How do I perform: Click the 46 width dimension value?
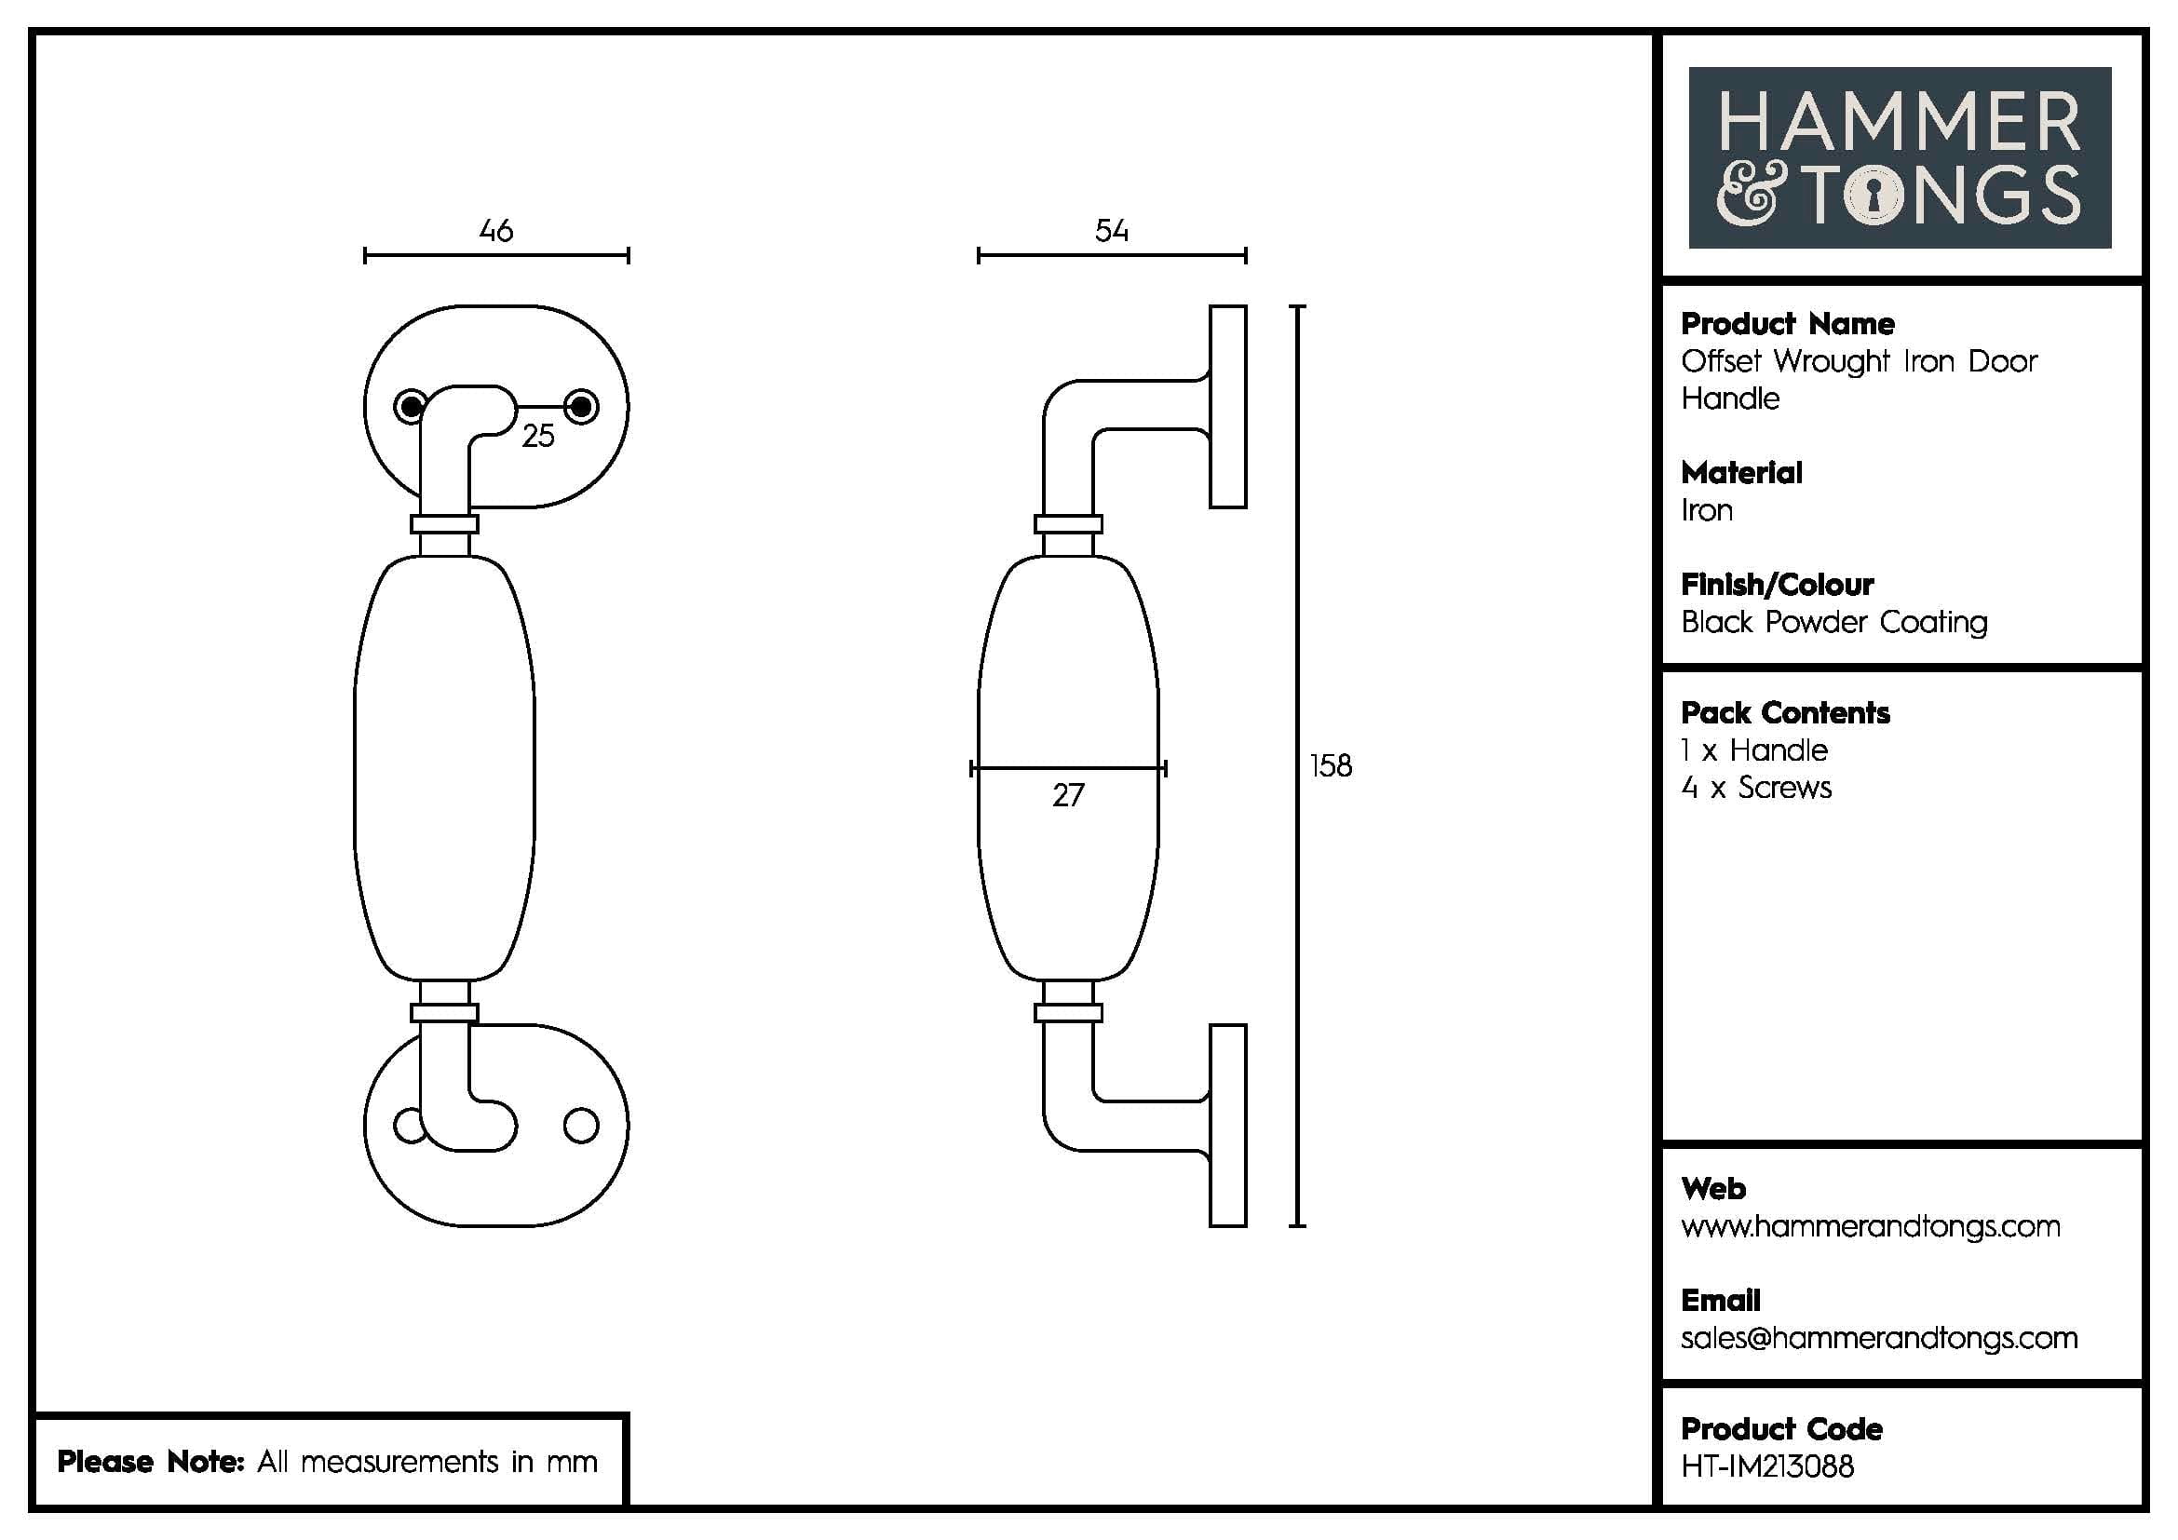coord(496,230)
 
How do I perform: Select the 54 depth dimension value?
coord(1111,230)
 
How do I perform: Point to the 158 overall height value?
coord(1330,765)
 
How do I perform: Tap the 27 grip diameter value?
coord(1067,794)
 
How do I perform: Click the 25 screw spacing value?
coord(538,435)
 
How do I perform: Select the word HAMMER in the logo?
coord(1899,122)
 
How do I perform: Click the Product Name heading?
coord(1787,323)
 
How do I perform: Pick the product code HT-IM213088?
coord(1767,1466)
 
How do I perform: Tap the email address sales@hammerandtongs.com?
coord(1879,1337)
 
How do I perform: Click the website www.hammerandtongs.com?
coord(1870,1226)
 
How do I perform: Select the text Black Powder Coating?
coord(1833,622)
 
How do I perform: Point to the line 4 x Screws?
coord(1756,787)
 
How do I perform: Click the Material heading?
coord(1740,472)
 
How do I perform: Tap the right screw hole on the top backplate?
coord(581,408)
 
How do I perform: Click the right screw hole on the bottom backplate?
coord(580,1126)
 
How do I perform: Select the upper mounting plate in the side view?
coord(1227,406)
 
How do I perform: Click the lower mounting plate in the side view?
coord(1227,1126)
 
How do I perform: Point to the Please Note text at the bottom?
coord(327,1461)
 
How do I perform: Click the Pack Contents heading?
coord(1784,712)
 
